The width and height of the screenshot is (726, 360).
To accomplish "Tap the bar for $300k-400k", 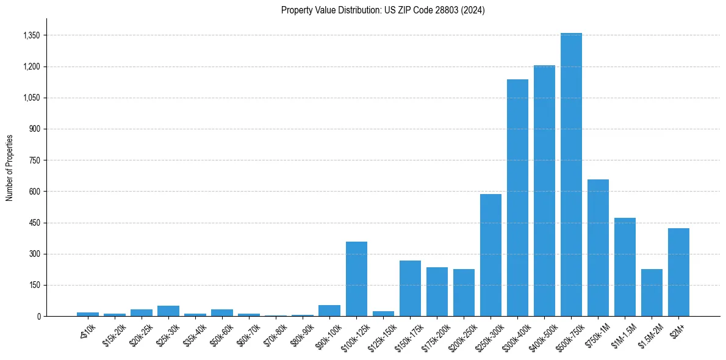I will click(x=517, y=198).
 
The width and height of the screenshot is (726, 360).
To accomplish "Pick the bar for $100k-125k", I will click(x=356, y=279).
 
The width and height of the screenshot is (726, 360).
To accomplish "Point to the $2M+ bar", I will click(x=678, y=272).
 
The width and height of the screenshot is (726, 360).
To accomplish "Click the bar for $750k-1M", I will click(x=598, y=248).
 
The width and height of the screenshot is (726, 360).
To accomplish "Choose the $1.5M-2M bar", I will click(x=652, y=292).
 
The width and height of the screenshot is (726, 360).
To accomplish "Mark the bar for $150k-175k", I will click(x=410, y=288).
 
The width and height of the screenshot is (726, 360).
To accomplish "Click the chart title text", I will click(x=383, y=10).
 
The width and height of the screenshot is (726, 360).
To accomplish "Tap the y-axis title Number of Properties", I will click(x=10, y=167).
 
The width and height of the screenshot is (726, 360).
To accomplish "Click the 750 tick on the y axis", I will click(x=34, y=160).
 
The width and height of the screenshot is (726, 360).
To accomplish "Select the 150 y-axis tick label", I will click(x=34, y=285).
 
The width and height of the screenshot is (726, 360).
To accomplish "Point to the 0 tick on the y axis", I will click(x=38, y=316).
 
